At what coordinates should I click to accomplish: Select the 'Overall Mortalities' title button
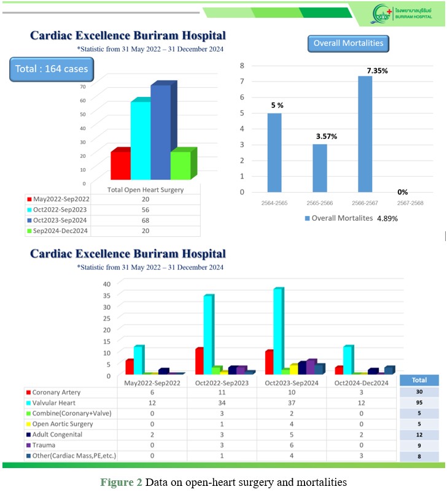pyautogui.click(x=348, y=43)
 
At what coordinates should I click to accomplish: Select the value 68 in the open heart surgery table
pyautogui.click(x=146, y=220)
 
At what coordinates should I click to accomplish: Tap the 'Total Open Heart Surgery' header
pyautogui.click(x=146, y=190)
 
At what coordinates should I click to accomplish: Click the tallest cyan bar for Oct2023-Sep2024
pyautogui.click(x=278, y=331)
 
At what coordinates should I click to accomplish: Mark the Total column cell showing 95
pyautogui.click(x=419, y=403)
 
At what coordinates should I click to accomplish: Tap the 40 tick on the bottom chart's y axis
pyautogui.click(x=106, y=283)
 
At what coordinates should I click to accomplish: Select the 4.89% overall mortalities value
pyautogui.click(x=387, y=218)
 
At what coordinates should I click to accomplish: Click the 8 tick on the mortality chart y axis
pyautogui.click(x=242, y=65)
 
